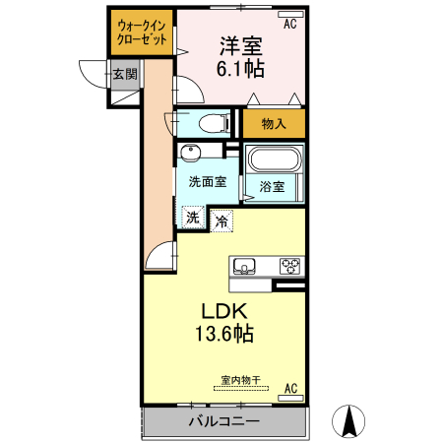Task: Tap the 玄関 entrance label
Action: coord(124,73)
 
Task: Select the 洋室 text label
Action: coord(241,46)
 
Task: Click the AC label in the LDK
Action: coord(290,389)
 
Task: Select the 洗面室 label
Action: coord(208,182)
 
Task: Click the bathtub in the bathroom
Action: coord(273,159)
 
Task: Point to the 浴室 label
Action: coord(273,187)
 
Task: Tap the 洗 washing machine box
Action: coord(193,217)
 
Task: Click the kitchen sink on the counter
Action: coord(244,266)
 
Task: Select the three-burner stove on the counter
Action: coord(291,266)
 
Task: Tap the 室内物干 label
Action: coord(240,380)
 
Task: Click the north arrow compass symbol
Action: coord(348,420)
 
